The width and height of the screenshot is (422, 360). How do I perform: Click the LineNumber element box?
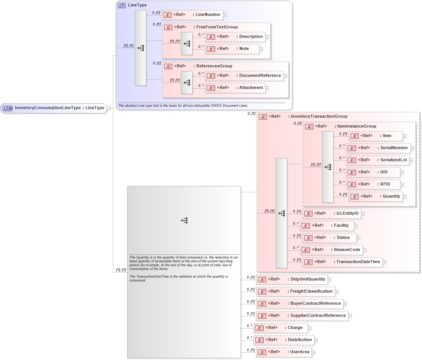(192, 15)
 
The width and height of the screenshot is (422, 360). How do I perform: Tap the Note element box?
(232, 49)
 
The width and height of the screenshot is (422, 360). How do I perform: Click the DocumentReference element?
(244, 76)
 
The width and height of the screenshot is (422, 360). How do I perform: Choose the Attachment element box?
(235, 88)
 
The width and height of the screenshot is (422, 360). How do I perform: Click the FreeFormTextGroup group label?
(217, 27)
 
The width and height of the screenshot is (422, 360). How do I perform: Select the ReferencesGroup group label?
(214, 66)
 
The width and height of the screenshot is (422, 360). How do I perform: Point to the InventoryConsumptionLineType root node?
(53, 108)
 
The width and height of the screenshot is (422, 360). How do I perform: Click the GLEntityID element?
(332, 214)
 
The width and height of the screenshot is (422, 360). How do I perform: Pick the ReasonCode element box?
(331, 250)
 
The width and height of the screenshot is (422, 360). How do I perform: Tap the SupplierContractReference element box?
(302, 316)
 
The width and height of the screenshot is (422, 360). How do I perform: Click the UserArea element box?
(283, 352)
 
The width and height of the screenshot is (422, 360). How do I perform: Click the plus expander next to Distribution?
(316, 340)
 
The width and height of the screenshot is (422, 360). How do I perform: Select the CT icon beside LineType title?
(122, 6)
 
